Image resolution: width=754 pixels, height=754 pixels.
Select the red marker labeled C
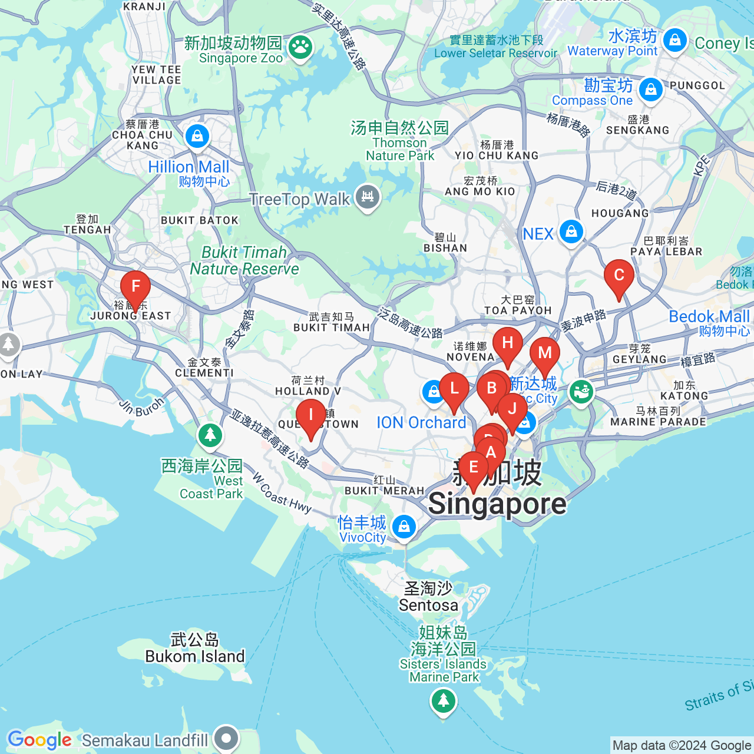(x=619, y=276)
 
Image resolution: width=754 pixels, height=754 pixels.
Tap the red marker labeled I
(x=310, y=416)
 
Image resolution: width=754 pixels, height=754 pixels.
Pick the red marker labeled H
(x=507, y=343)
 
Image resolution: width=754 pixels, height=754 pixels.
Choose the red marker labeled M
(x=545, y=353)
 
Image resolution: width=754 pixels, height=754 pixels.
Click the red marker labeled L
(x=454, y=389)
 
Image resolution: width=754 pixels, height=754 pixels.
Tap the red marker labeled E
(x=473, y=468)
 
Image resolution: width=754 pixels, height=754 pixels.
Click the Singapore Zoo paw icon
(x=300, y=48)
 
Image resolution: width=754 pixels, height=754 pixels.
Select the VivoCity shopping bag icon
(x=404, y=526)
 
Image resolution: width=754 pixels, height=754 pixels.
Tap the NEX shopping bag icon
(x=571, y=232)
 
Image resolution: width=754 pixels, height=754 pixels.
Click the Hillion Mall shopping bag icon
(x=197, y=136)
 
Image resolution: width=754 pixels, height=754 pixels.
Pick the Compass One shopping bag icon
(x=650, y=90)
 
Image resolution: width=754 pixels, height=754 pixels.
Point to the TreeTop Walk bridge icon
(x=368, y=197)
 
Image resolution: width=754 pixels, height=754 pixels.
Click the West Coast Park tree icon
(x=210, y=435)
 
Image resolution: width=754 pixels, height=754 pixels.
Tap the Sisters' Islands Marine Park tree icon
(x=444, y=701)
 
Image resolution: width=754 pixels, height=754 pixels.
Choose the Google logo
(x=39, y=740)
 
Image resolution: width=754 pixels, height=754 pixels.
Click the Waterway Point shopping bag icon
(x=675, y=40)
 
